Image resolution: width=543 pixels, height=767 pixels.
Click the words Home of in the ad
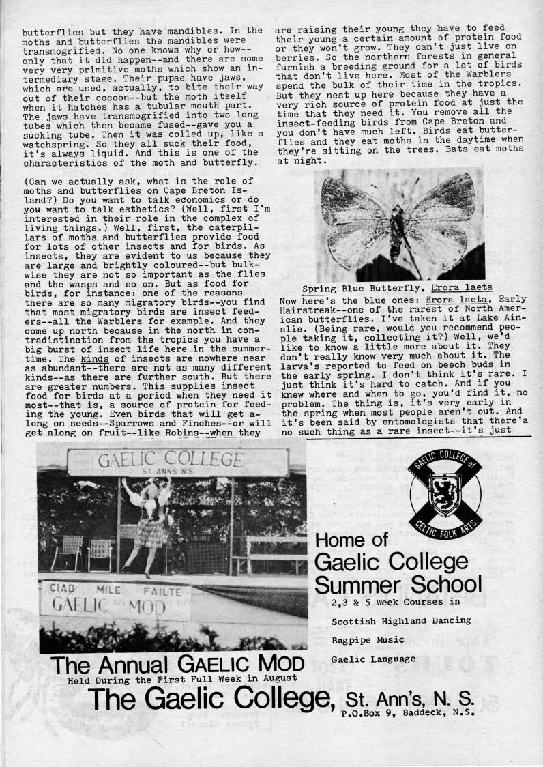click(x=352, y=540)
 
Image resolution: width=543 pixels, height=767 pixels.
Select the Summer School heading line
click(x=398, y=584)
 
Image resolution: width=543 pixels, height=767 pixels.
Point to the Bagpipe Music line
click(x=367, y=640)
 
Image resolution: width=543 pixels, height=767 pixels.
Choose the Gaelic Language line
click(x=373, y=659)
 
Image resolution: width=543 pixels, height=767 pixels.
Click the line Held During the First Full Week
click(x=182, y=678)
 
